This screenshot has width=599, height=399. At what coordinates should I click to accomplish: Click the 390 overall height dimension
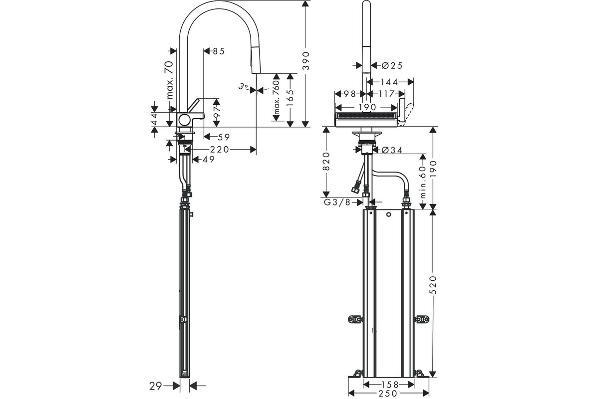pos(305,61)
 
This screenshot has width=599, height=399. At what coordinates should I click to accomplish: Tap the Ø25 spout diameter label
pos(392,65)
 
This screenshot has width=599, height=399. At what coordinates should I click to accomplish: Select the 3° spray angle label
pos(243,87)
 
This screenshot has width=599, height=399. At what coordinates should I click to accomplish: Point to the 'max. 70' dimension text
pos(170,80)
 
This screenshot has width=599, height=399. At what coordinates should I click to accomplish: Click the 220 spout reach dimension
pos(220,150)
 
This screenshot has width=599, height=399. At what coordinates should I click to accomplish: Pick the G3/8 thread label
pos(337,202)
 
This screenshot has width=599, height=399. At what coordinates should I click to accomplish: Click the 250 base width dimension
pos(388,394)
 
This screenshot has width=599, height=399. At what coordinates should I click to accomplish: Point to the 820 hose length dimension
pos(326,161)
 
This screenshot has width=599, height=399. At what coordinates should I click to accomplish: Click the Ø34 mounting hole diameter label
pos(392,150)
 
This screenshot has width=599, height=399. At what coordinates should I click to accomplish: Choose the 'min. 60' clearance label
pos(423,182)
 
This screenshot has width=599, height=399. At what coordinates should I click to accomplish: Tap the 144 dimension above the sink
pos(389,82)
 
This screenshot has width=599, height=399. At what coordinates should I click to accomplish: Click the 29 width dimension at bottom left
pos(156,386)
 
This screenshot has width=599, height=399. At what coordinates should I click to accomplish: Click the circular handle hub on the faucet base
pos(185,120)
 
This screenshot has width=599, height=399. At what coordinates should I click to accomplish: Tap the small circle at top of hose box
pos(389,214)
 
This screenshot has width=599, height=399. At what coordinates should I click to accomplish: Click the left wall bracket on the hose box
pos(355,319)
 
